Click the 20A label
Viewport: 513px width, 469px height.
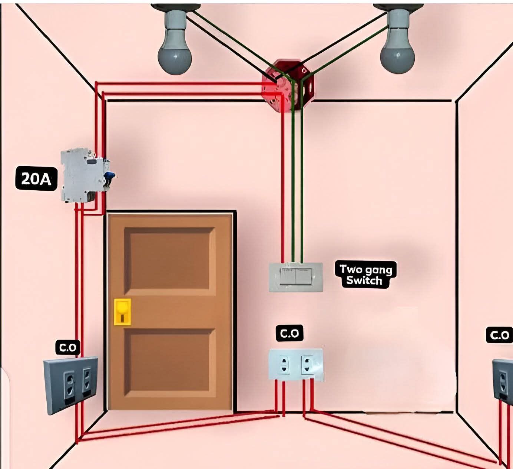tap(36, 178)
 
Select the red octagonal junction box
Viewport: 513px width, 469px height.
tap(288, 85)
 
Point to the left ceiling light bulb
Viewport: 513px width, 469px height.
tap(175, 40)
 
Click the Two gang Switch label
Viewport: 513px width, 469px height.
tap(366, 275)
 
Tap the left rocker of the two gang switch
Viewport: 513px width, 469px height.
tap(288, 276)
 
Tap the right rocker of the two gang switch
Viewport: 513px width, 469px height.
tap(304, 276)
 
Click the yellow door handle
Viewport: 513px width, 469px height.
tap(122, 312)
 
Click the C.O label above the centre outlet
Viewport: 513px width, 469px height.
tap(289, 333)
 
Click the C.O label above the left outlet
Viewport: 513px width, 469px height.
tap(68, 347)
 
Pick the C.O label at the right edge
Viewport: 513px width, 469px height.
tap(499, 335)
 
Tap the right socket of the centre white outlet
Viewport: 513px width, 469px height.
tap(307, 364)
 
